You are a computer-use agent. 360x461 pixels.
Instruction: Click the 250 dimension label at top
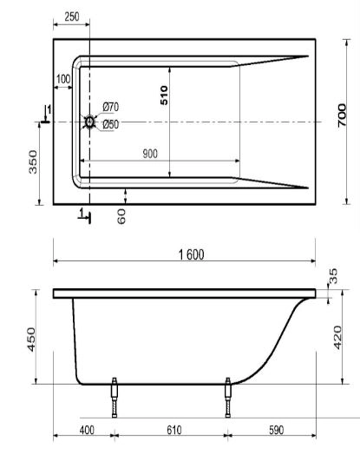pos(72,16)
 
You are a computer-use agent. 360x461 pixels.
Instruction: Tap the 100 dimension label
pos(63,79)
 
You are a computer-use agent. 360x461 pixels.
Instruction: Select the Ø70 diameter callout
pos(111,107)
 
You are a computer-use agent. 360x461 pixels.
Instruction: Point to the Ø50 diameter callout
pos(111,124)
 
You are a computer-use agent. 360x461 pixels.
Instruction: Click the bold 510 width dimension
pos(164,95)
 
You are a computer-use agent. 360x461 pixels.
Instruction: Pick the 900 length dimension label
pos(150,154)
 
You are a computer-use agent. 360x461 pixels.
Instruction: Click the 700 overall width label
pos(342,115)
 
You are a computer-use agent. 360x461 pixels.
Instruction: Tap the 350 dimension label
pos(33,161)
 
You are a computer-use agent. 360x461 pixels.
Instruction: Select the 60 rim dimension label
pos(121,217)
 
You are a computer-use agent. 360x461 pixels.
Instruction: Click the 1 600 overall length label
pos(192,254)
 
